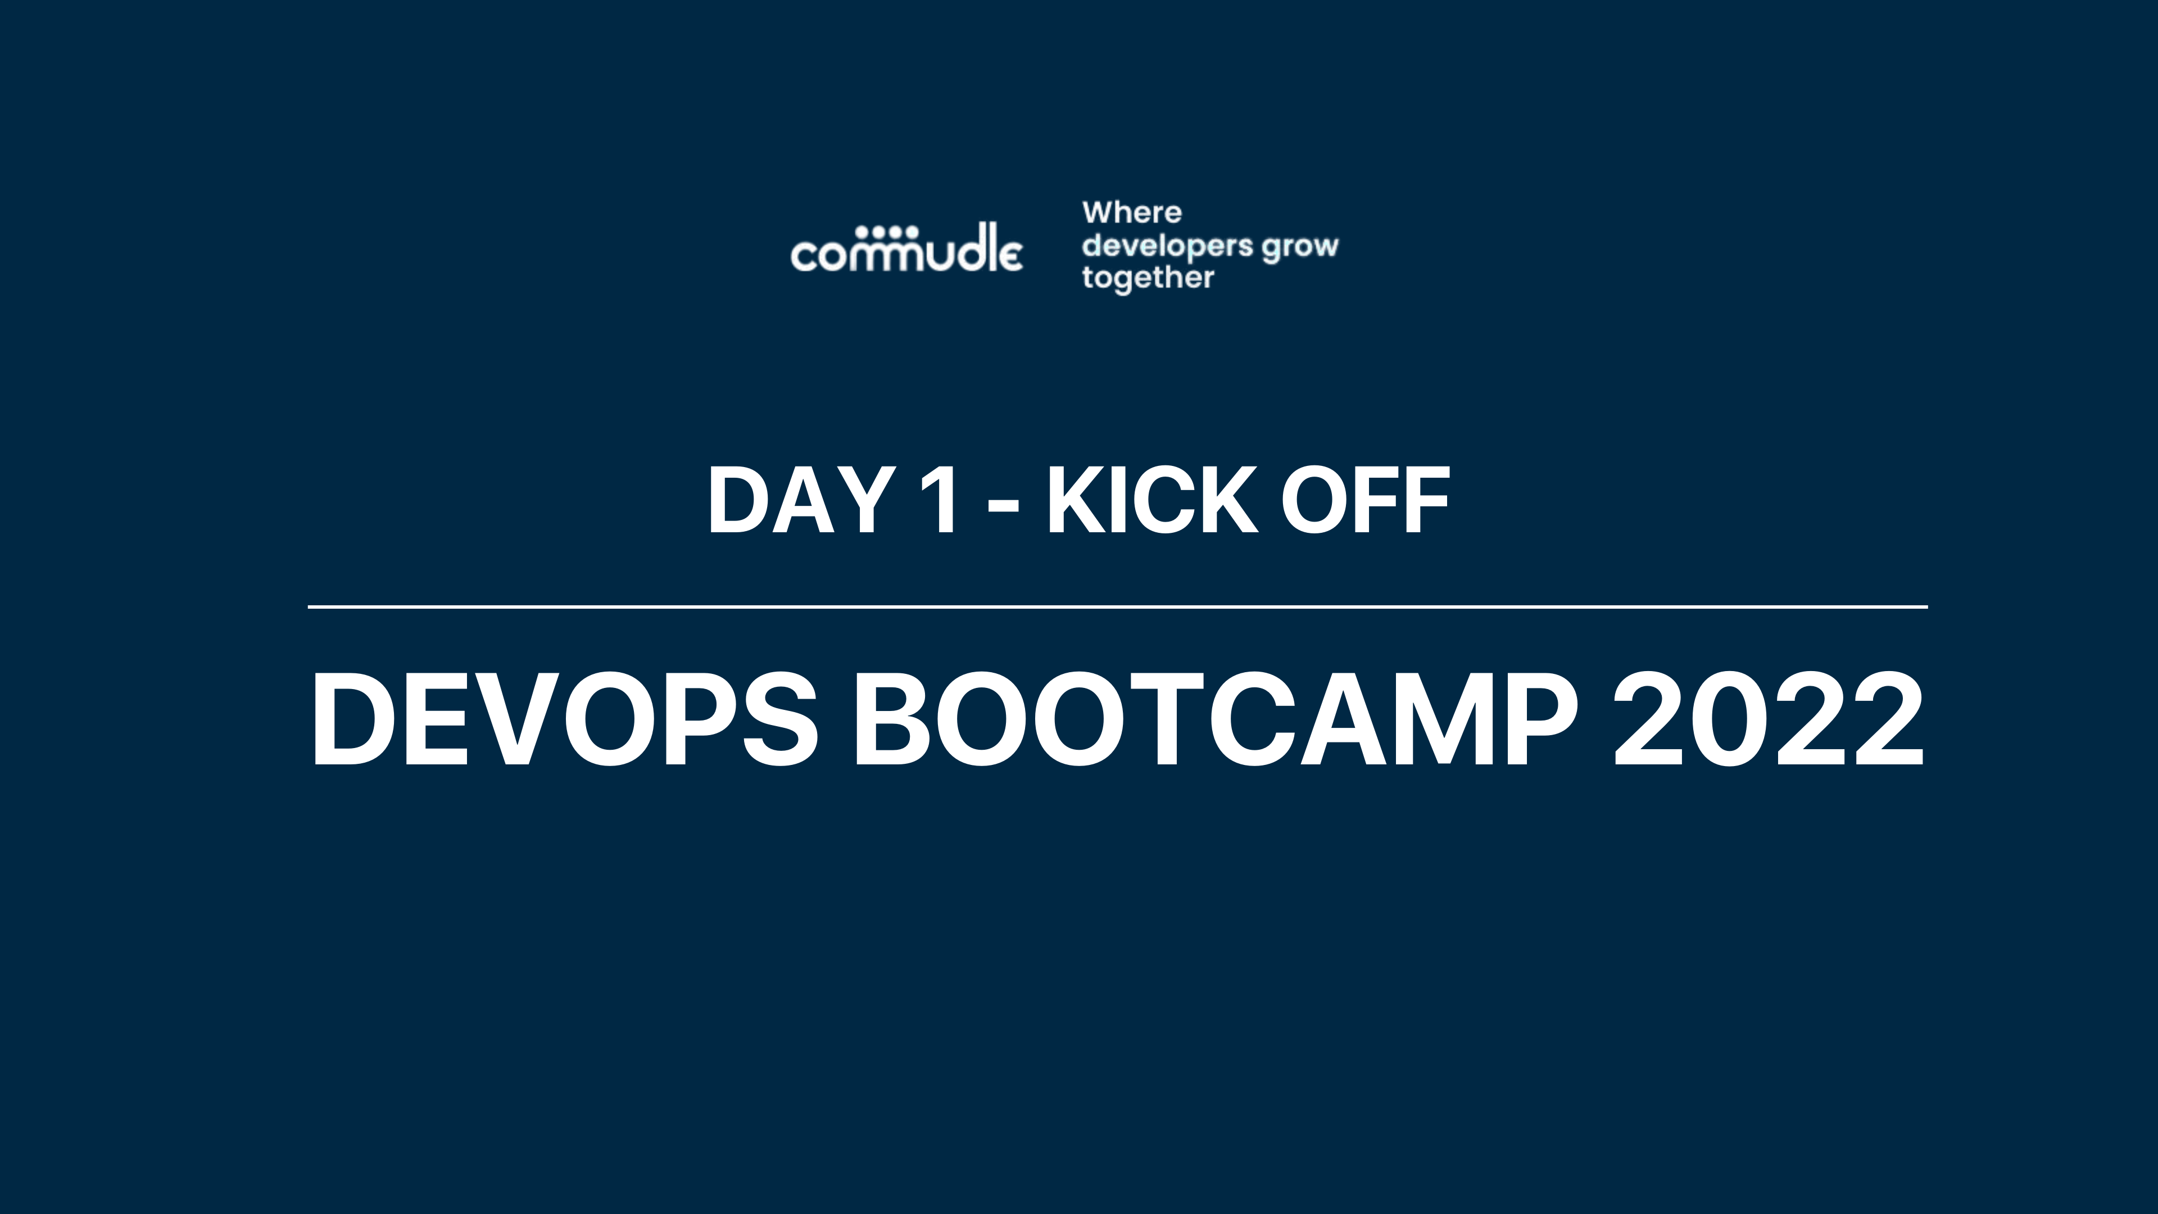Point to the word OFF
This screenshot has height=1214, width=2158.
(x=1366, y=500)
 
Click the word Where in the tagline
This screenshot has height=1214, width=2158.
(x=1132, y=213)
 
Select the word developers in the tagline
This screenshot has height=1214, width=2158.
(x=1167, y=246)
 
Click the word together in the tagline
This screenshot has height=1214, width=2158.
(x=1148, y=278)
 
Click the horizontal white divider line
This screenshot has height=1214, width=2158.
(x=1118, y=606)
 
